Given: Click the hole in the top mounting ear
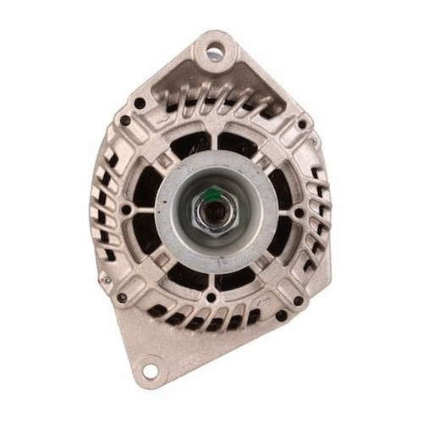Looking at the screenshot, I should (213, 52).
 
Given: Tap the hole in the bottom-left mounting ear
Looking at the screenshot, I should (150, 371).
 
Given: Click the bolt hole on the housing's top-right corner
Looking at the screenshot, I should (302, 124).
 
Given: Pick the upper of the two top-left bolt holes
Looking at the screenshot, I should (138, 102).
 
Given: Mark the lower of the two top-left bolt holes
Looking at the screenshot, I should (125, 121).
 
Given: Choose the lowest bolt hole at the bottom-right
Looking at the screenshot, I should (280, 316).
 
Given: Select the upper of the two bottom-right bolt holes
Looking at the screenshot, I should (299, 300).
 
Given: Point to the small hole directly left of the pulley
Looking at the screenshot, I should (127, 207).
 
